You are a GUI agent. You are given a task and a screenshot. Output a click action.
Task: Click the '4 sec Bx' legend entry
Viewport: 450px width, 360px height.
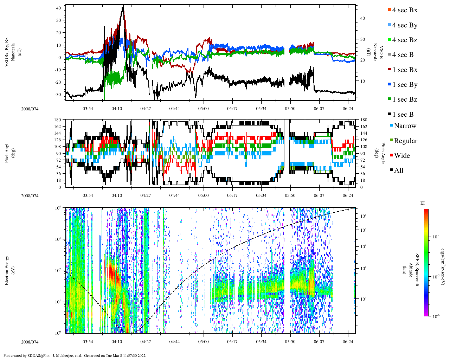(x=404, y=10)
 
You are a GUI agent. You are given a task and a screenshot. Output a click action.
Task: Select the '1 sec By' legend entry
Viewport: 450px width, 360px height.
(x=404, y=85)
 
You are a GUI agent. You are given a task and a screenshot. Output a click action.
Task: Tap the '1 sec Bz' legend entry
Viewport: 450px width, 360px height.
(x=404, y=99)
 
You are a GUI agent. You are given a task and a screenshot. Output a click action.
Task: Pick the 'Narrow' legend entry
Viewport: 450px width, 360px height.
(x=405, y=126)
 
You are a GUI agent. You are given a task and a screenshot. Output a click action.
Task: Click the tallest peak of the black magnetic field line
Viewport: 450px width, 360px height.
(x=123, y=6)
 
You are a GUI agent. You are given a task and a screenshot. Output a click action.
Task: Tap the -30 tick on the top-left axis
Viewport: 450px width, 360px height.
(x=58, y=94)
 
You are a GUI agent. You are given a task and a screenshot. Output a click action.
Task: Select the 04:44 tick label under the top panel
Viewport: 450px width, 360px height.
(x=174, y=109)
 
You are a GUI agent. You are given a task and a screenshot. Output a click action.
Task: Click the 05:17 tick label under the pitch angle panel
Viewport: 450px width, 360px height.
(x=232, y=195)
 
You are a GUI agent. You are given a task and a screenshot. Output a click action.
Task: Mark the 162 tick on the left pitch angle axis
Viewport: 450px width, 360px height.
(x=58, y=127)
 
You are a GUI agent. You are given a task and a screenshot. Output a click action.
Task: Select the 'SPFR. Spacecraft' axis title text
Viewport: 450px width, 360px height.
(x=418, y=270)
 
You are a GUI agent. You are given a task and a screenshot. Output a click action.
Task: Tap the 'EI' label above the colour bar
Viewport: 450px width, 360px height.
(x=423, y=203)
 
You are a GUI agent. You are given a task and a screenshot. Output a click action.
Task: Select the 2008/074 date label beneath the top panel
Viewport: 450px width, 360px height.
(x=30, y=109)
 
